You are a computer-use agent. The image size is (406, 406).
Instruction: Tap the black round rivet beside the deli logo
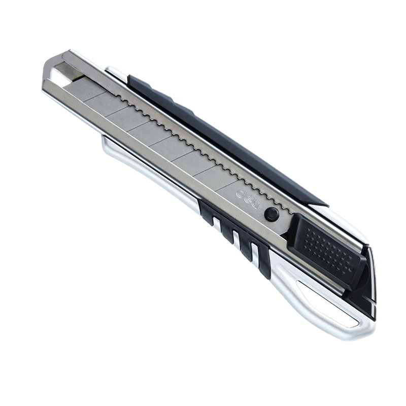point(272,214)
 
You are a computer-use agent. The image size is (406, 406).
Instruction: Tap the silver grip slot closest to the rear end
point(255,252)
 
